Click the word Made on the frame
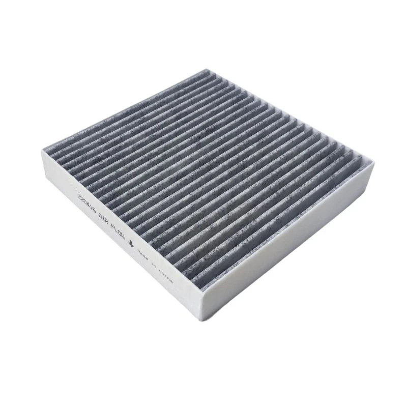(143, 256)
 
